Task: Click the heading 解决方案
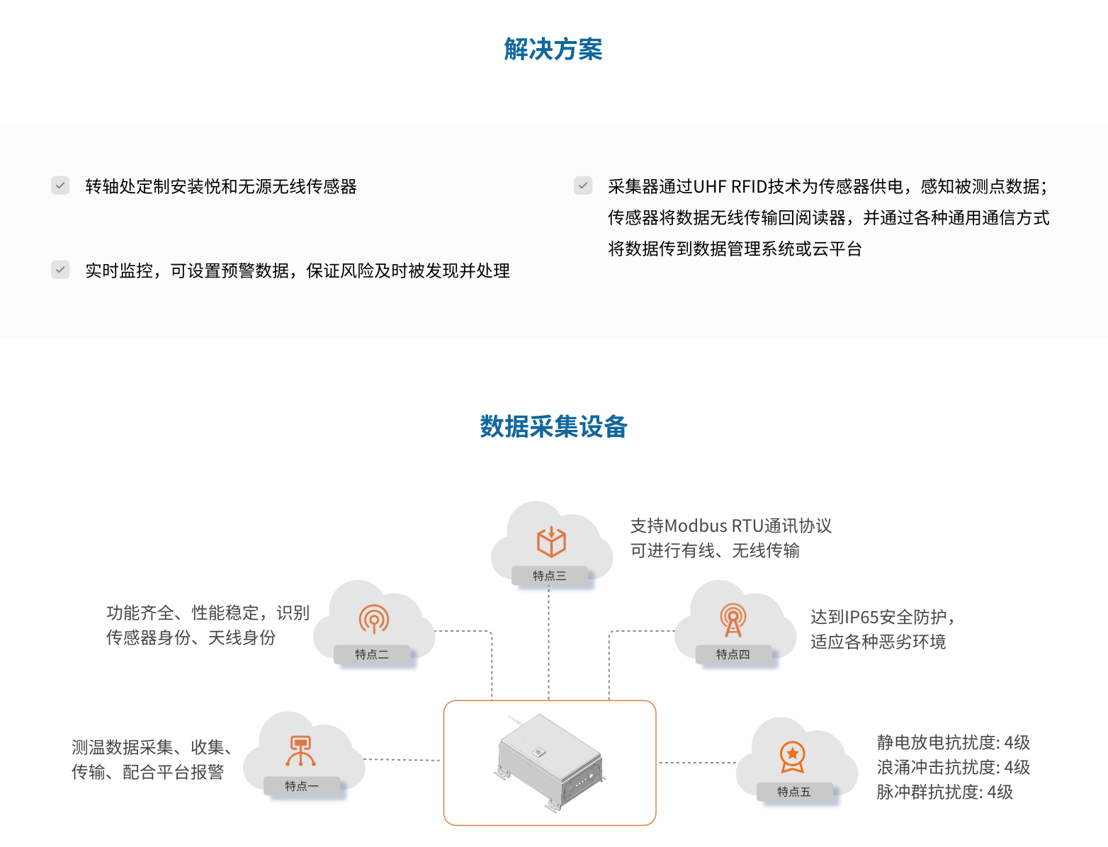coord(553,50)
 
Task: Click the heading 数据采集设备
coord(553,427)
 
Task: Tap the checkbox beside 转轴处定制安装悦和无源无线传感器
coord(60,186)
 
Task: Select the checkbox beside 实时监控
coord(60,270)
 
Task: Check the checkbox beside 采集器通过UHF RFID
coord(583,186)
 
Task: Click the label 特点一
coord(302,786)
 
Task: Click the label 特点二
coord(372,654)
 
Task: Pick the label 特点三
coord(550,576)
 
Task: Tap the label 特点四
coord(733,654)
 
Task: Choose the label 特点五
coord(793,792)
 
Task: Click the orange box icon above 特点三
coord(551,542)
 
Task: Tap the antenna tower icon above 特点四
coord(733,620)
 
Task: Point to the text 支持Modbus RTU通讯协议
coord(730,526)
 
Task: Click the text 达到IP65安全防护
coord(883,618)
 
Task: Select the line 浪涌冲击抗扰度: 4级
coord(953,768)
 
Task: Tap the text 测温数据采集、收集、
coord(153,747)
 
